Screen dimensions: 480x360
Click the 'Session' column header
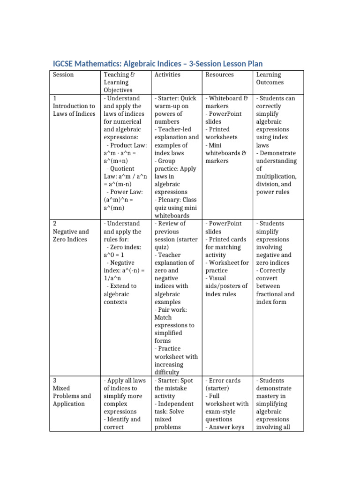point(63,75)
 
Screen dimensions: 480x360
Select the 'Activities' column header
point(167,75)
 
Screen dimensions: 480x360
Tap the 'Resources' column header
point(219,75)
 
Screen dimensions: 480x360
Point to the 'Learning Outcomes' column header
point(269,78)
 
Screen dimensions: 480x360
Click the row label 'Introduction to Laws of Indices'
point(74,110)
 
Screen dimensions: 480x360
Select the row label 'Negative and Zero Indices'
point(71,235)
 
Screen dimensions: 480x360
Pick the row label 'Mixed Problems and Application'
point(72,396)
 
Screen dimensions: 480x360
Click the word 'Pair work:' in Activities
point(172,310)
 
